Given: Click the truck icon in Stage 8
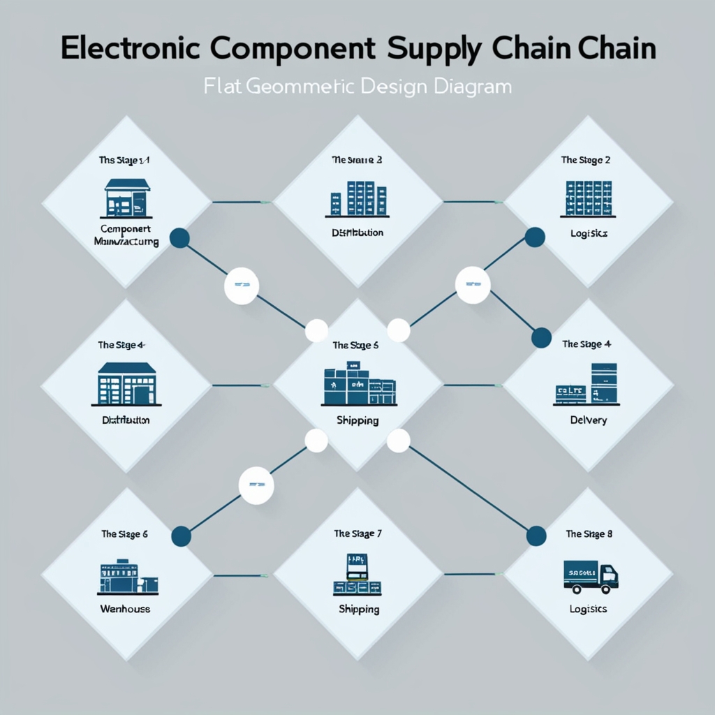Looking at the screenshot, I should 590,575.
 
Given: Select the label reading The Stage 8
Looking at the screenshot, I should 589,534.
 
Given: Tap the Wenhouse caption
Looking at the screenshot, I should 125,609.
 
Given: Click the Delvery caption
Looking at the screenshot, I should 588,420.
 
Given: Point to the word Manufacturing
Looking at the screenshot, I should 126,242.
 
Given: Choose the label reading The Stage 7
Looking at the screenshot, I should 357,534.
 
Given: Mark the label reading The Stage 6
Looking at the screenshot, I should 124,534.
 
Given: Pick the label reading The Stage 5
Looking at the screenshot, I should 356,345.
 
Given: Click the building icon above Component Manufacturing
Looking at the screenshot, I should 126,198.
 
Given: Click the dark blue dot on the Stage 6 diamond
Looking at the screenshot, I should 181,536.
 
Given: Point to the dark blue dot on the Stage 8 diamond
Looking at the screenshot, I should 536,536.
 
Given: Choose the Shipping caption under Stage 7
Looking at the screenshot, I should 358,609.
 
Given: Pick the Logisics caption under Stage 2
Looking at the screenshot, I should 588,233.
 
